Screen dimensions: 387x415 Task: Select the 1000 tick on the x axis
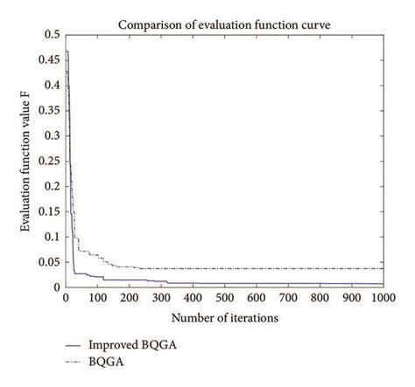click(x=383, y=298)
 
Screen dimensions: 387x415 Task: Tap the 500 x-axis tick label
click(x=223, y=298)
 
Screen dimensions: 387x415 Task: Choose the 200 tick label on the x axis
click(x=128, y=298)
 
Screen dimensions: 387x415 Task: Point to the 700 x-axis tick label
click(x=287, y=298)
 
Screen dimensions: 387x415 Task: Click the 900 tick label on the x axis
click(x=351, y=298)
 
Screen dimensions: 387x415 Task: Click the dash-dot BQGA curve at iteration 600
click(x=256, y=268)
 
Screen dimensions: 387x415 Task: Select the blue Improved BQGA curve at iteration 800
click(x=320, y=283)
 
